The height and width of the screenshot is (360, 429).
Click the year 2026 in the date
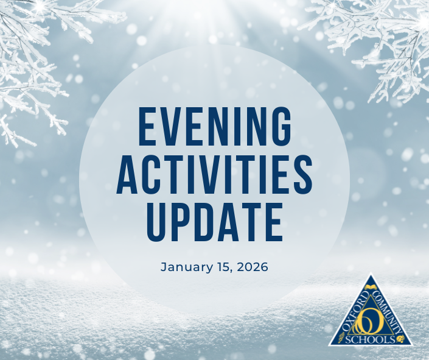(x=253, y=267)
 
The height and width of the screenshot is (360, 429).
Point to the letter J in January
(x=164, y=267)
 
